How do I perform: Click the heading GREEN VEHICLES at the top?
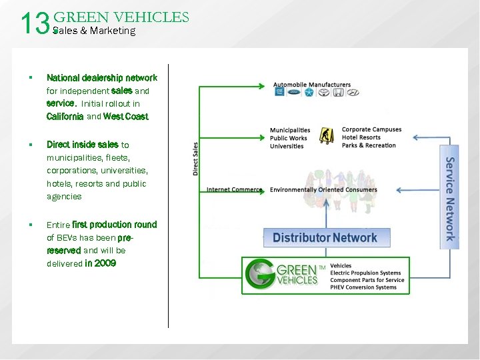click(x=121, y=17)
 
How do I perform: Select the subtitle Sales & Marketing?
click(x=94, y=31)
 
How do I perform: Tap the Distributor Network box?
click(x=325, y=237)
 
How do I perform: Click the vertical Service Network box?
click(x=451, y=198)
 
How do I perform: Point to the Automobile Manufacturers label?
click(x=312, y=85)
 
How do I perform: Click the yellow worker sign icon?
click(x=327, y=136)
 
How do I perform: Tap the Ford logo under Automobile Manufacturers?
click(x=295, y=93)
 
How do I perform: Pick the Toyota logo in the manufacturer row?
click(x=324, y=93)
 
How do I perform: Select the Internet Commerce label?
click(x=234, y=189)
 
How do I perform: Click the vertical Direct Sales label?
click(x=195, y=159)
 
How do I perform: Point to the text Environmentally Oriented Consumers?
click(x=323, y=190)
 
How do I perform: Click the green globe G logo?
click(x=259, y=275)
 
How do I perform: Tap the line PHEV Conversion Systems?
click(x=363, y=287)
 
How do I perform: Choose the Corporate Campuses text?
click(x=371, y=129)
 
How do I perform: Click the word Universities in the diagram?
click(x=287, y=147)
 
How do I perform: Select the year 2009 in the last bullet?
click(x=105, y=263)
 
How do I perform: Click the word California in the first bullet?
click(x=65, y=117)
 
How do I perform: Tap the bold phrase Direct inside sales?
click(x=83, y=145)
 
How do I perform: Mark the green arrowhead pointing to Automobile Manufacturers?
click(x=263, y=85)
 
